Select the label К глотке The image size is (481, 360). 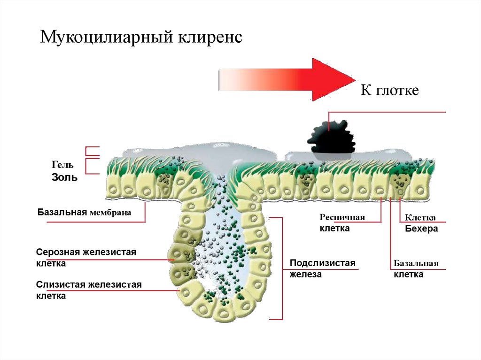click(389, 90)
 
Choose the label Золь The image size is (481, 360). click(64, 178)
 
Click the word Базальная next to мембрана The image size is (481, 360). click(62, 212)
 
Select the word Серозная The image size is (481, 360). click(58, 253)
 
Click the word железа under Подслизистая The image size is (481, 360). click(305, 275)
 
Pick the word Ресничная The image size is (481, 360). click(342, 218)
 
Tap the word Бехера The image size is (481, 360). click(421, 229)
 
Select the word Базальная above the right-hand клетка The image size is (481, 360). click(416, 263)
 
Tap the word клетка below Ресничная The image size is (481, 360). click(334, 229)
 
